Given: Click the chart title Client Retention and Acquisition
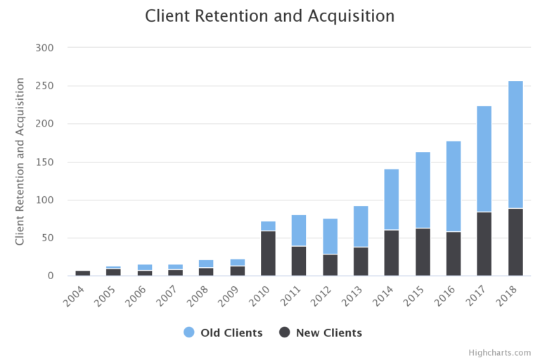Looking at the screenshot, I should coord(270,16).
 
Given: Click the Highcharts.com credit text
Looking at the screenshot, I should coord(500,353).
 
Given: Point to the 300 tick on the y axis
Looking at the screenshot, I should coord(56,48).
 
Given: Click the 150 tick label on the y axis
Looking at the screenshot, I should coord(56,162).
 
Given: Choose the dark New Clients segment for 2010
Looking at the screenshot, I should coord(268,253).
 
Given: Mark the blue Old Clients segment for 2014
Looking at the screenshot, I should coord(392,199).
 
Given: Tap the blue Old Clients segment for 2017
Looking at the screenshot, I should coord(484,159).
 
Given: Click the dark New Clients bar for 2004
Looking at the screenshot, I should coord(82,273).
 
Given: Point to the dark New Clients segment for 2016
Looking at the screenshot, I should coord(454,254).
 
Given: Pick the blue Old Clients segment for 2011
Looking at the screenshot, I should coord(299,231).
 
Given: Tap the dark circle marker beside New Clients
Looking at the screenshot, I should coord(285,333).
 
